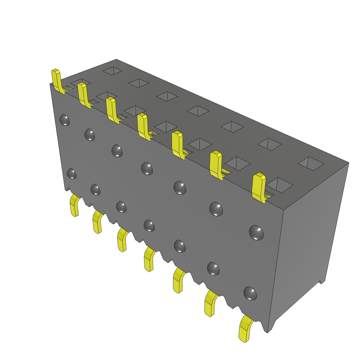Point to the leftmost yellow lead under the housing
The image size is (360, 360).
[74, 206]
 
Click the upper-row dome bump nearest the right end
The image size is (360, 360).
[256, 233]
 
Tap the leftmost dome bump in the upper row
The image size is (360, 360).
[64, 120]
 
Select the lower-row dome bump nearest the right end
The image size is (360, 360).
[250, 294]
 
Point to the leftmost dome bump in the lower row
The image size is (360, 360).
[71, 174]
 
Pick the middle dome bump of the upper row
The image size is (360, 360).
[147, 168]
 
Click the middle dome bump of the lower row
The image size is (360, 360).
[149, 226]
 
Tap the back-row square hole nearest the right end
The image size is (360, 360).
[311, 163]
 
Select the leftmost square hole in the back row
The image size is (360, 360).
[112, 71]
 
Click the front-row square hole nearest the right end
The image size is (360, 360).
[279, 185]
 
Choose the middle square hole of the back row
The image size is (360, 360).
[198, 111]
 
